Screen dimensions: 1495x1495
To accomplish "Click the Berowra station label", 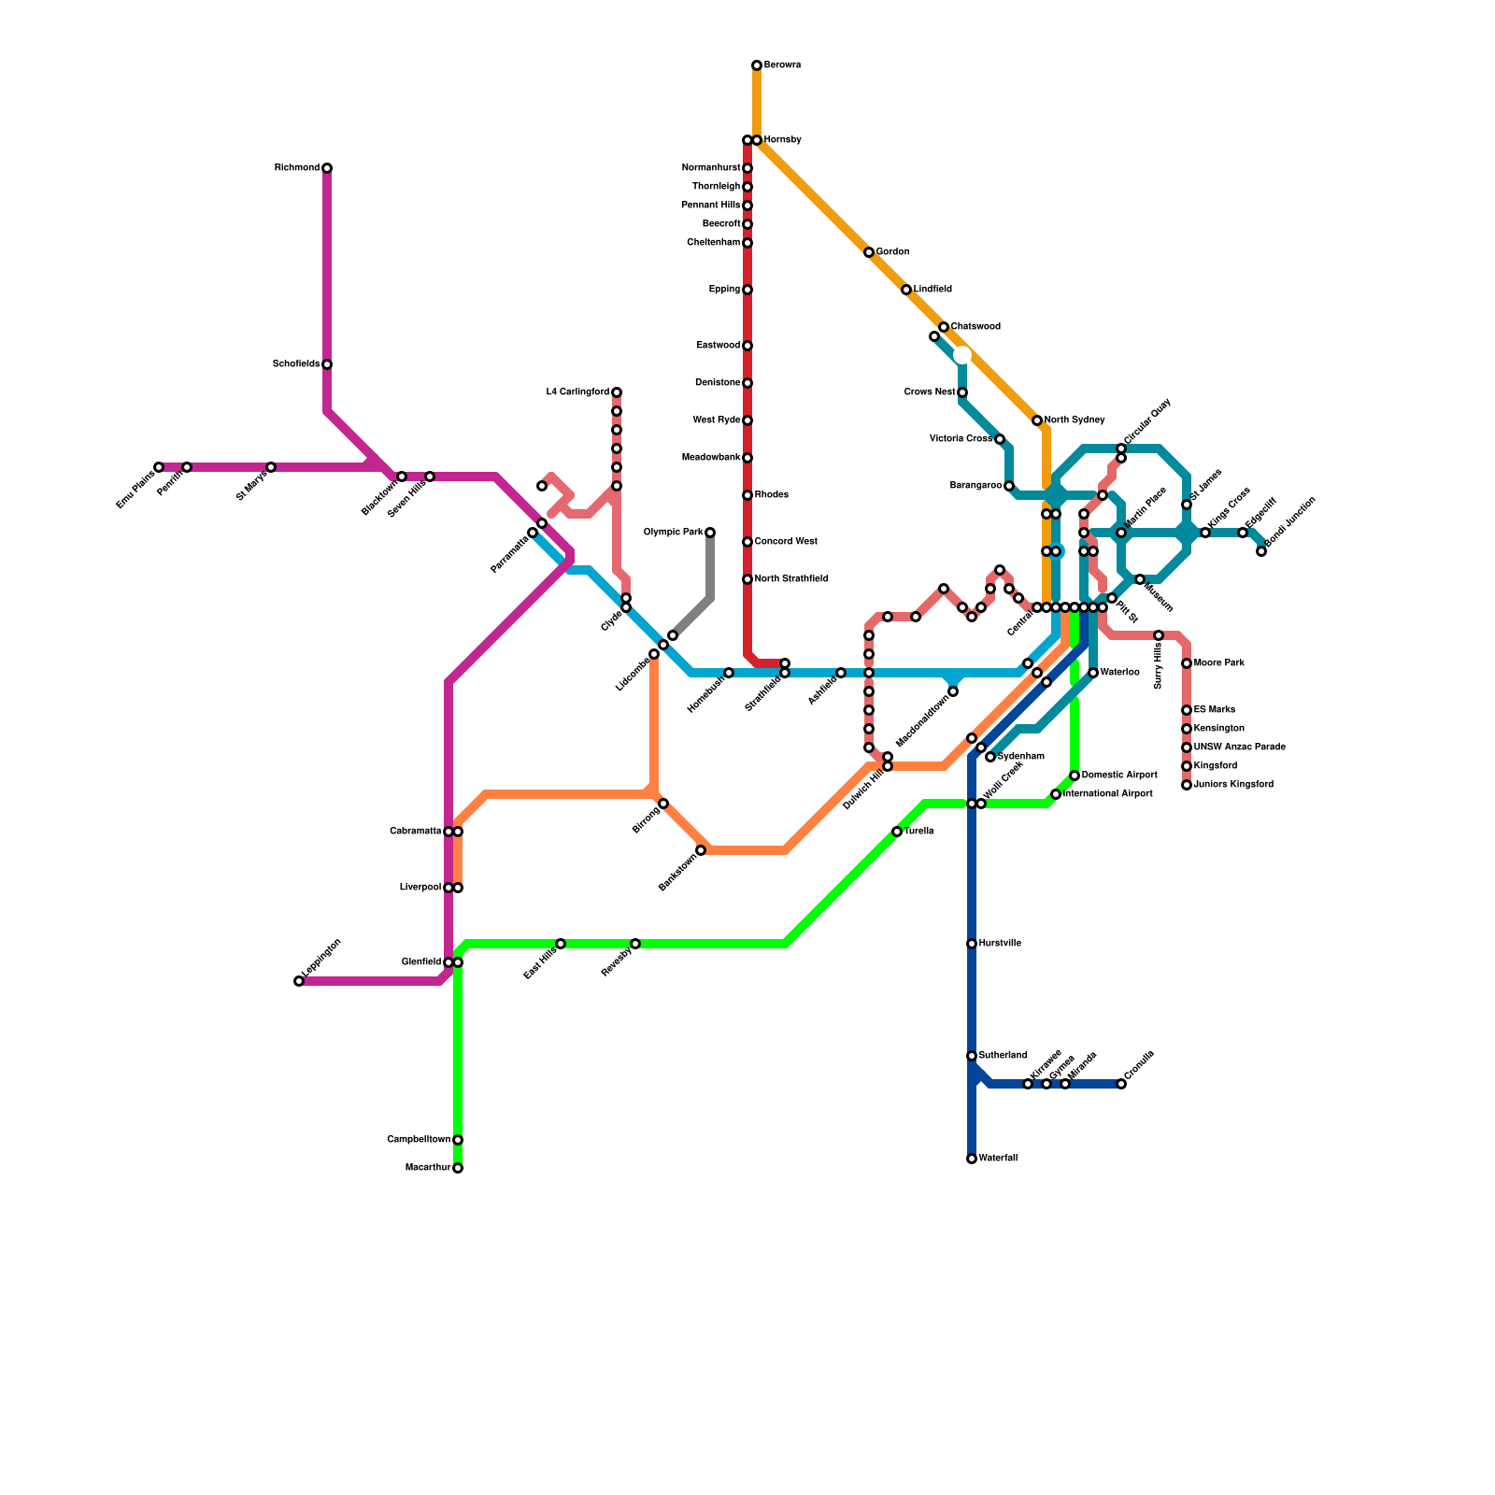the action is point(782,65).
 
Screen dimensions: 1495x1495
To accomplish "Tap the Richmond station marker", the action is point(327,168).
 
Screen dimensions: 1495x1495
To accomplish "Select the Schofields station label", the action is point(296,364).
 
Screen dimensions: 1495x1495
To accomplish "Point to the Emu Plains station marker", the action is point(159,467).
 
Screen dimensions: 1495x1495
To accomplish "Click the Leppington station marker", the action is point(299,981).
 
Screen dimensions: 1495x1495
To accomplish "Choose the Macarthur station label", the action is point(428,1168).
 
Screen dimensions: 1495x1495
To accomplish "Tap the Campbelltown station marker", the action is point(458,1140).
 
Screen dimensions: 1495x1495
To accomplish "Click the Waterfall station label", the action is point(998,1159).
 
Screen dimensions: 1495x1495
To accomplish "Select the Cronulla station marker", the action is point(1121,1084).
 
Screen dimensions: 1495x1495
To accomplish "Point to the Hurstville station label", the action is point(1000,944).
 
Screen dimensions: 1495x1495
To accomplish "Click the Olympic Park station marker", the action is point(710,533).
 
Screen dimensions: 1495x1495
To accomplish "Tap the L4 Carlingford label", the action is point(577,392).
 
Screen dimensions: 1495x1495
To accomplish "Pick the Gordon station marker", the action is point(869,252).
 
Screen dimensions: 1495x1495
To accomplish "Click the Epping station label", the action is point(724,290).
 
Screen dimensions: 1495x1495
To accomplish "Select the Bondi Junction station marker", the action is point(1261,551).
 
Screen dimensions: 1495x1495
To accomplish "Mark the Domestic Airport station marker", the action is point(1075,776).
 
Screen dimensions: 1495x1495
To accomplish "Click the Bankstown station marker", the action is point(701,850).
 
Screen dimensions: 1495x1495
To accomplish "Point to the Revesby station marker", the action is point(635,944).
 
